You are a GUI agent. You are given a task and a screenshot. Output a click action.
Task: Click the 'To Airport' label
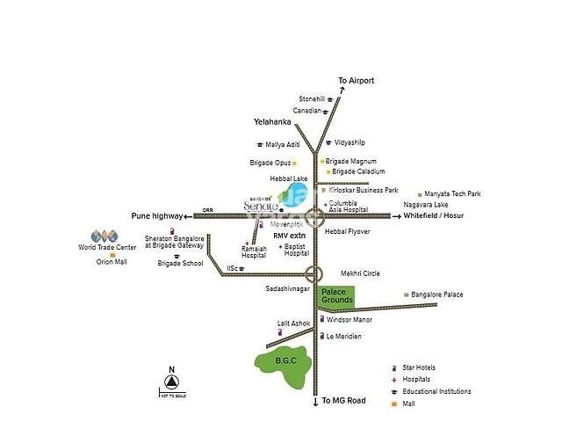coord(356,81)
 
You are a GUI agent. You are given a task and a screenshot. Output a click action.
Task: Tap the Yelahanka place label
coord(271,122)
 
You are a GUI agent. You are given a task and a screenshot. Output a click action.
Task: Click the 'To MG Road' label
coord(342,402)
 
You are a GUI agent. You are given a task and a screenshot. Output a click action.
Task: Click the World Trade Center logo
coord(104,236)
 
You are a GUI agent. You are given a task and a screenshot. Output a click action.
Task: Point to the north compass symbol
coord(172,380)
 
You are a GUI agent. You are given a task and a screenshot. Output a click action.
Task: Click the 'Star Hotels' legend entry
coord(419,367)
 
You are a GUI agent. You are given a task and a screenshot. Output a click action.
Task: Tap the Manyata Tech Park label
coord(452,193)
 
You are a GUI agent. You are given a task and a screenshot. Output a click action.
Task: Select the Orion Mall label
coord(112,261)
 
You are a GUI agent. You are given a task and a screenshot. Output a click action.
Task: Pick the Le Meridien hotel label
coord(345,337)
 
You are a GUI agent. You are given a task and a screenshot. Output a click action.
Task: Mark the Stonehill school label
coord(312,99)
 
